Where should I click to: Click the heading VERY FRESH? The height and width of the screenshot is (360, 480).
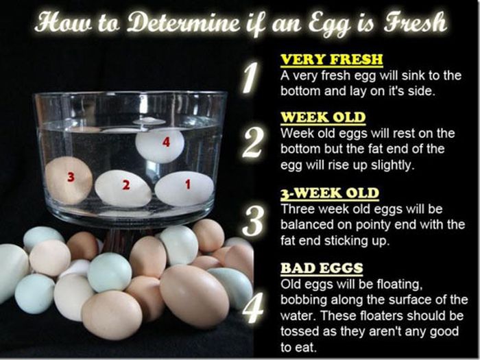tap(332, 60)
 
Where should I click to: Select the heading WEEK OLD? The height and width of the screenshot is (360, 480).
tap(323, 117)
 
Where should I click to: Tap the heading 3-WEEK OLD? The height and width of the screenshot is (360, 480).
tap(330, 193)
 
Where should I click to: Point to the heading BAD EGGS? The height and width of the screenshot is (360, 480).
tap(322, 268)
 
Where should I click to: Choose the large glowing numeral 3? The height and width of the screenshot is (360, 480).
tap(252, 221)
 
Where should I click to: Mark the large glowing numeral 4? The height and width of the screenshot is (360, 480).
tap(252, 307)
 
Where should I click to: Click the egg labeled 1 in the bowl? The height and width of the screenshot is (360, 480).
tap(184, 189)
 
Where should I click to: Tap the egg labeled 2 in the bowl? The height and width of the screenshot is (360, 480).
tap(123, 189)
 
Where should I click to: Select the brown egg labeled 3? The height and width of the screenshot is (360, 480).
tap(69, 180)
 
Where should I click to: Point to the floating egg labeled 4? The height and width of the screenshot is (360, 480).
tap(160, 145)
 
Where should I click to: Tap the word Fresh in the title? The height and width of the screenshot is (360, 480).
tap(416, 22)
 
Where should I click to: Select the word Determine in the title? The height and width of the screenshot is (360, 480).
tap(183, 22)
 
